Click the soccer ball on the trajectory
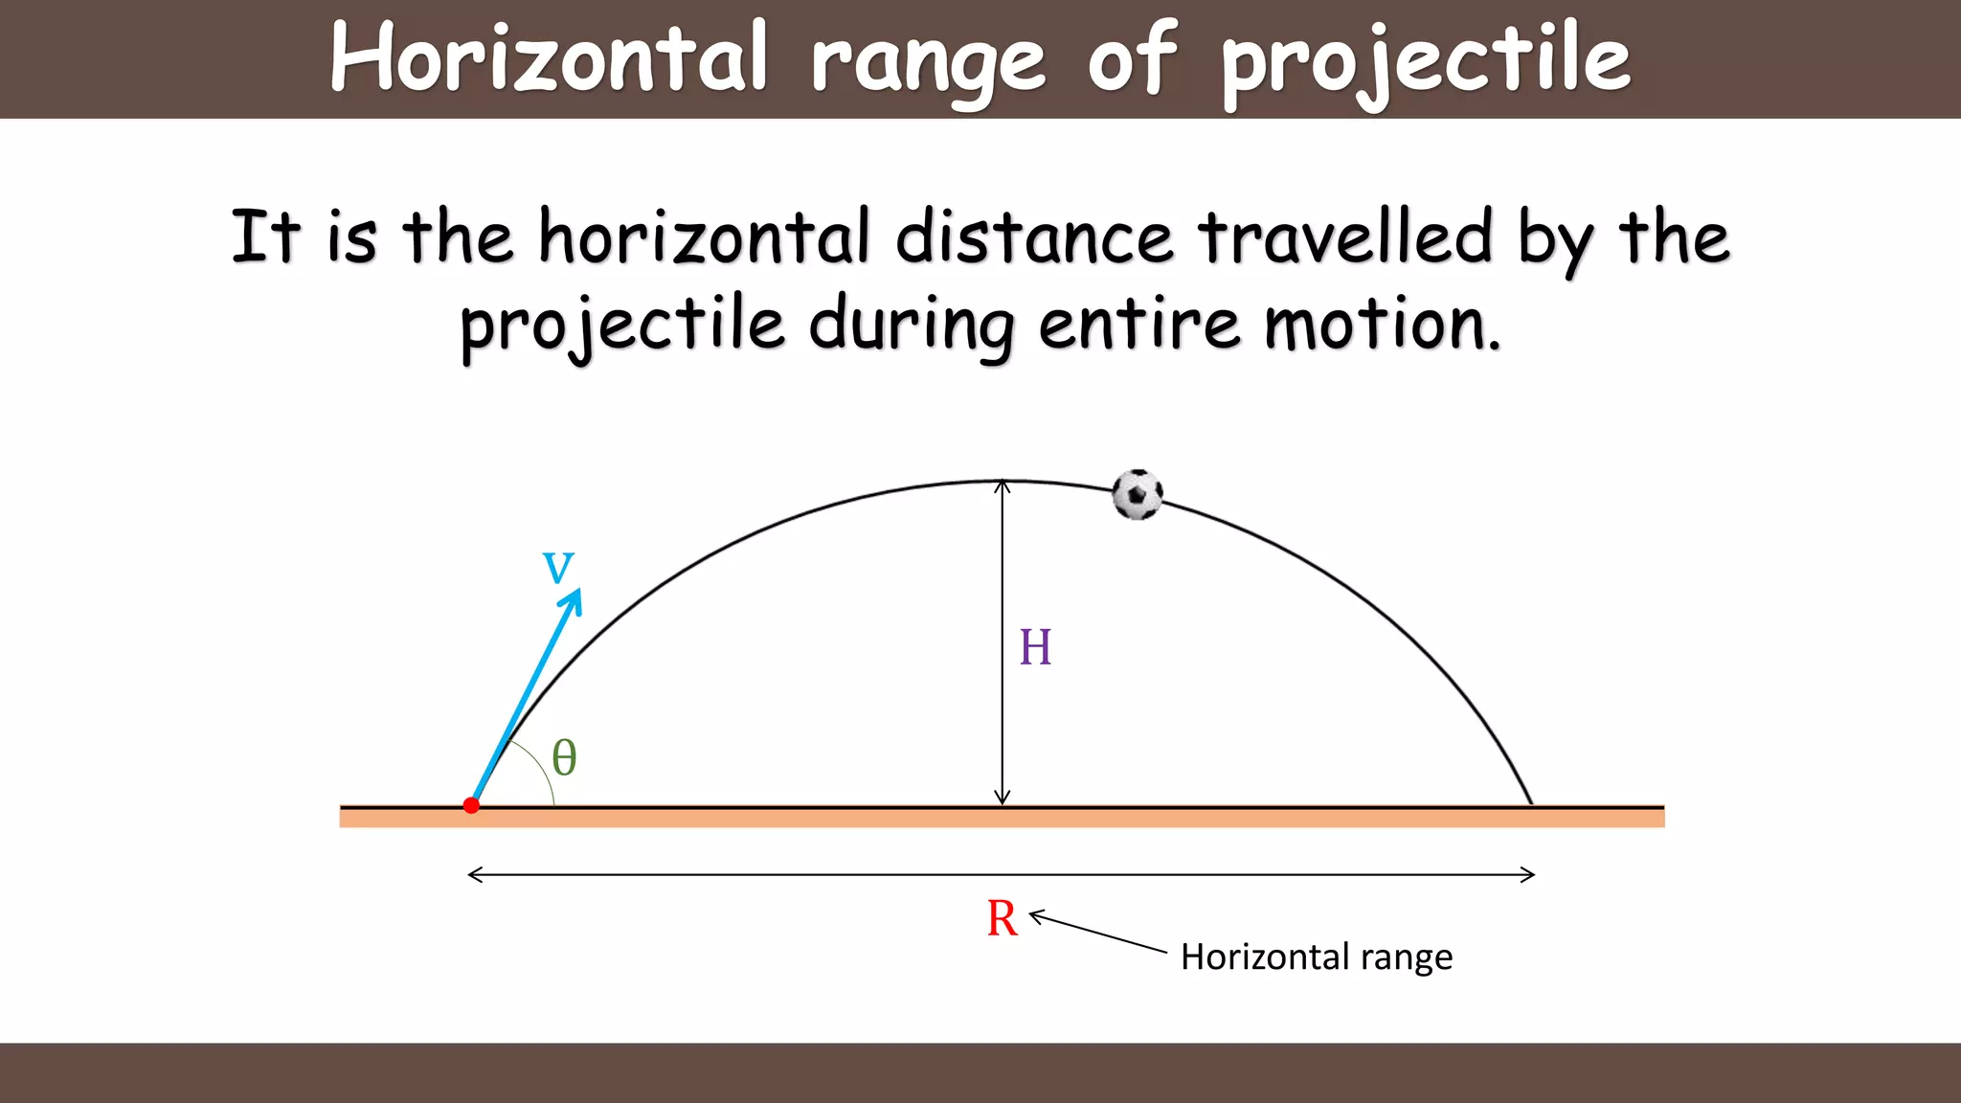click(1137, 495)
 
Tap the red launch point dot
click(471, 805)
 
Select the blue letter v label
click(558, 566)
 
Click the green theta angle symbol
click(565, 757)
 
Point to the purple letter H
click(1035, 647)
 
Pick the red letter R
click(1002, 918)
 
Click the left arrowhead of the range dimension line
click(471, 874)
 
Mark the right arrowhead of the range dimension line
click(1532, 874)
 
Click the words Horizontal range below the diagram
click(1317, 957)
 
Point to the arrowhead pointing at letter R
click(1033, 916)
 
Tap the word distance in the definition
click(1034, 237)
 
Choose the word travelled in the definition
click(1345, 237)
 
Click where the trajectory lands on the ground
click(1531, 804)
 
